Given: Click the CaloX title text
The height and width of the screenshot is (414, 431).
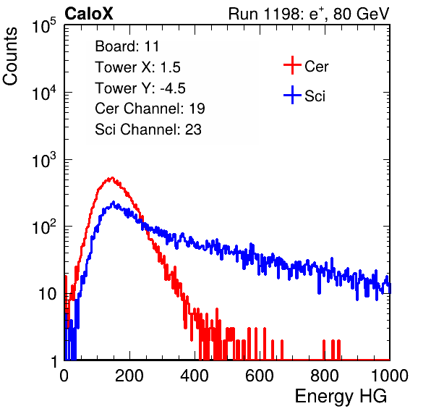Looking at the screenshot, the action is [x=88, y=14].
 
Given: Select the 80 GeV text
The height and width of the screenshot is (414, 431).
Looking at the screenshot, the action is [x=361, y=14].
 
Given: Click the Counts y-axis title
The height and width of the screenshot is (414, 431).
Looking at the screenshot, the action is [x=10, y=56].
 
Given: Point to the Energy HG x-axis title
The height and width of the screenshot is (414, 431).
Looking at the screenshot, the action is [x=341, y=397].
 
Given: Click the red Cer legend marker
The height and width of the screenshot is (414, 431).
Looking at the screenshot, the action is [x=292, y=65].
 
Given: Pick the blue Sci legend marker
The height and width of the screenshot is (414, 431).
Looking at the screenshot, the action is [x=292, y=95].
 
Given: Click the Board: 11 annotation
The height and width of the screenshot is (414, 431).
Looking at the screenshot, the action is [x=127, y=46].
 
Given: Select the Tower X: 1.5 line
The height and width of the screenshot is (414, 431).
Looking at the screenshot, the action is [x=137, y=67].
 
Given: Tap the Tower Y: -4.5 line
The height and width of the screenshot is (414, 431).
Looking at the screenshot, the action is [x=140, y=88].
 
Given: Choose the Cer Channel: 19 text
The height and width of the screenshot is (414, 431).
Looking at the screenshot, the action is [x=150, y=109].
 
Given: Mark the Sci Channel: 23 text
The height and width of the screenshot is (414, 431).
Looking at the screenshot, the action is [x=148, y=130].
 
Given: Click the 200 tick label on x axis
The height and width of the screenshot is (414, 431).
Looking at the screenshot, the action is [x=129, y=376].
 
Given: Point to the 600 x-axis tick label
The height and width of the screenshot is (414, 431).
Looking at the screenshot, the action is [x=260, y=376].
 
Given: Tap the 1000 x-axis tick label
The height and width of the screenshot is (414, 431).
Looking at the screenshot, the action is [x=390, y=376].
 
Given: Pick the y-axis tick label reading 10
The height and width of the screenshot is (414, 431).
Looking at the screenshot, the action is [x=47, y=295].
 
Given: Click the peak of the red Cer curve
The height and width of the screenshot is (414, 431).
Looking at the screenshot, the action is [x=112, y=178].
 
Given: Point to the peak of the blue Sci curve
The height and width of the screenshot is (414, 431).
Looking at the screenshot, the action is [x=114, y=202].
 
